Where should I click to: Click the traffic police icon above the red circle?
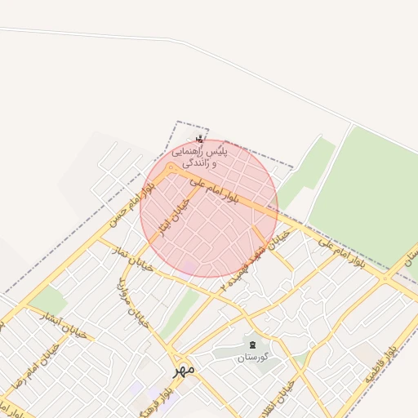pyautogui.click(x=199, y=138)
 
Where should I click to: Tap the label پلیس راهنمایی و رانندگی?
pyautogui.click(x=199, y=157)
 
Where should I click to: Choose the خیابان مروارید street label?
pyautogui.click(x=134, y=303)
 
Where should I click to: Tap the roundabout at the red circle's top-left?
pyautogui.click(x=171, y=168)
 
